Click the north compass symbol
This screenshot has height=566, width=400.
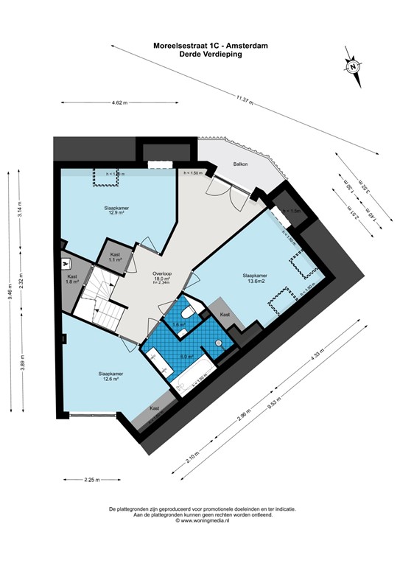353,66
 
